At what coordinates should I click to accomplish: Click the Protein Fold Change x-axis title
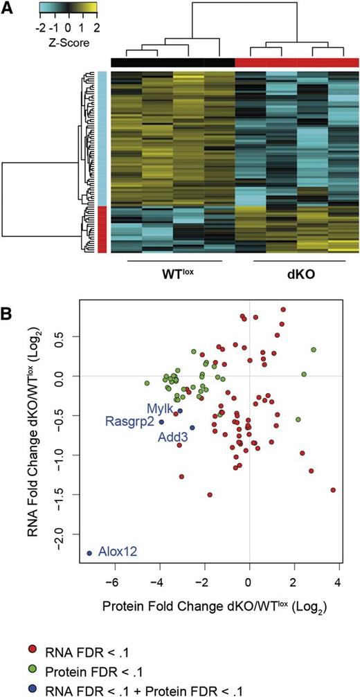point(214,608)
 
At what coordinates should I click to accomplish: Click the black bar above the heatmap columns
point(172,62)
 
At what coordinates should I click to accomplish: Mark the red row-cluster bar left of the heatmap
point(102,230)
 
